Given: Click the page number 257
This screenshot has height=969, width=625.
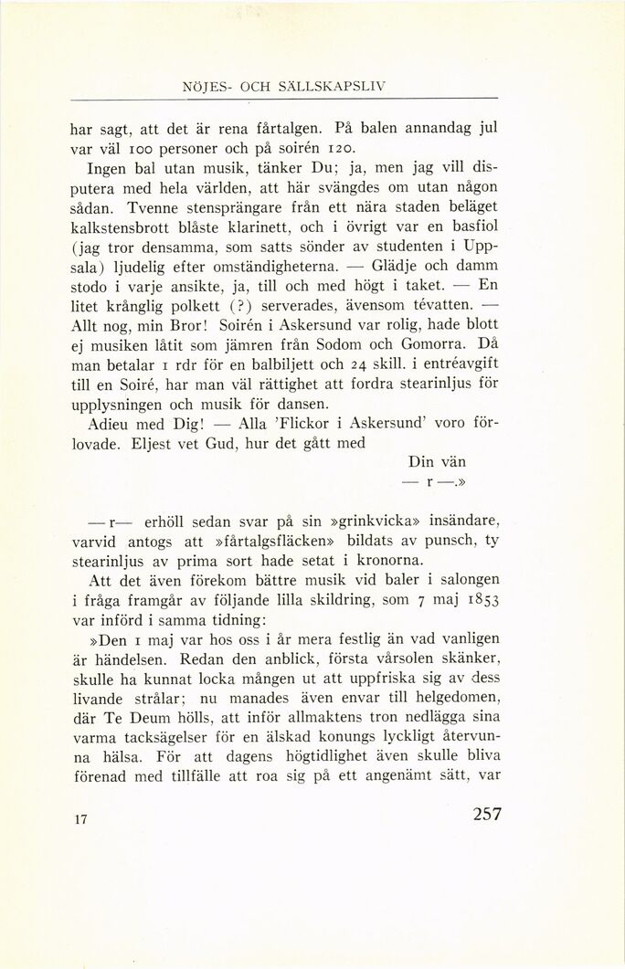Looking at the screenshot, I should coord(481,814).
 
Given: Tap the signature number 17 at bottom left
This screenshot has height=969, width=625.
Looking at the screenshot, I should coord(79,819).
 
